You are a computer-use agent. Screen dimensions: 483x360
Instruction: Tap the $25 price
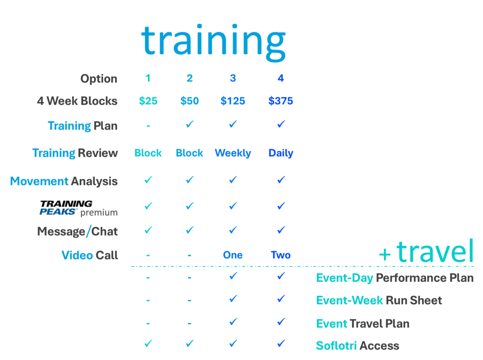(x=148, y=101)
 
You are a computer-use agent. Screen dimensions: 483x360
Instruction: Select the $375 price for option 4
(x=281, y=101)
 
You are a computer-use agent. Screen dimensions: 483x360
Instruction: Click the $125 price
(x=233, y=101)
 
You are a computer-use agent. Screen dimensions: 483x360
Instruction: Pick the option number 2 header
(x=190, y=78)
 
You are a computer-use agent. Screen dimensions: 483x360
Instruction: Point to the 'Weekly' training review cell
(x=233, y=153)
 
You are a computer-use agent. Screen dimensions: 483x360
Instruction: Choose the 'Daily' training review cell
(x=281, y=153)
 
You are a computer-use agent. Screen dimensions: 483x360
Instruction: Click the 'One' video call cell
(x=233, y=255)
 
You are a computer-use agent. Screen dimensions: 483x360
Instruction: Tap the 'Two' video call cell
(x=281, y=255)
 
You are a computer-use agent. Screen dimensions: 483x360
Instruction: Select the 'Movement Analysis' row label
(x=64, y=181)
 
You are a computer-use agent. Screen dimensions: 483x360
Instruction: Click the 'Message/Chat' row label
(x=77, y=231)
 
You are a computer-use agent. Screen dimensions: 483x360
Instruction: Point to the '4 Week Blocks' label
(x=77, y=101)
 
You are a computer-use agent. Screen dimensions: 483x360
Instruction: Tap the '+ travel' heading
(x=426, y=251)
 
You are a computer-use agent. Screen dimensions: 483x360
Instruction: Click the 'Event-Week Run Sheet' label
(x=379, y=300)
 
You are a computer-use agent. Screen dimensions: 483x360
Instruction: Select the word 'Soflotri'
(x=336, y=345)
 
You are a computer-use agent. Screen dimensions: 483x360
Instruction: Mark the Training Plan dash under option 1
(x=148, y=126)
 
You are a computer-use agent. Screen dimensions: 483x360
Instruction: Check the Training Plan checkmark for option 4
(x=281, y=124)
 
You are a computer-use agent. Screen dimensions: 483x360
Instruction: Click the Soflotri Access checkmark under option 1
(x=149, y=343)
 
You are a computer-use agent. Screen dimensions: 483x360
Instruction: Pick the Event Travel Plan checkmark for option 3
(x=233, y=322)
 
